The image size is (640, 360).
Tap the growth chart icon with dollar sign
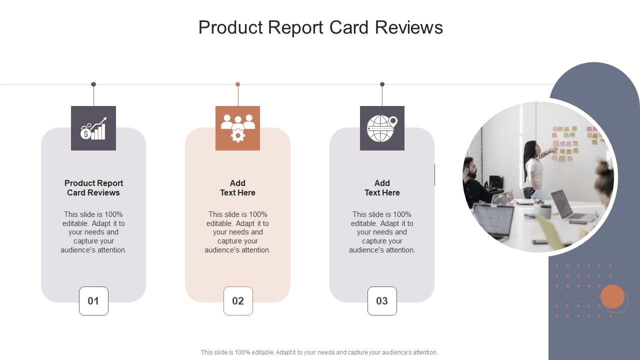[93, 128]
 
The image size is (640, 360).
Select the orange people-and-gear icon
[237, 128]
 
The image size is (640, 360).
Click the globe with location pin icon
[382, 128]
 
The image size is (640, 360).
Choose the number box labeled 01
[93, 301]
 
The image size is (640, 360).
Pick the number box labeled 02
[238, 301]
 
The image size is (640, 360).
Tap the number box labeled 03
[382, 301]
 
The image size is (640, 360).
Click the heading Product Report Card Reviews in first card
[93, 188]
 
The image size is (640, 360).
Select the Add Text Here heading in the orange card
[237, 188]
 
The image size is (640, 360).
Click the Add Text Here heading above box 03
[382, 188]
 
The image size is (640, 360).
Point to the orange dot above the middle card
[238, 84]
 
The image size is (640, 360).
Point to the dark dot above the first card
[93, 84]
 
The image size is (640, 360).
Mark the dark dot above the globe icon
[382, 84]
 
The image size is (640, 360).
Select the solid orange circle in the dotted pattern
[612, 297]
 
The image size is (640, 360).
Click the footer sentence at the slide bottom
[319, 352]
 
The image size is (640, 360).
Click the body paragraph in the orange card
[237, 232]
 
